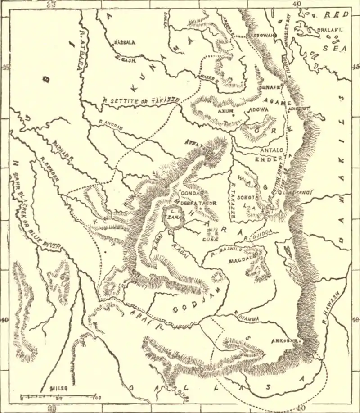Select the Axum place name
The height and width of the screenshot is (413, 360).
click(x=225, y=110)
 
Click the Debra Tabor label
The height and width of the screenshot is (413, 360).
click(x=198, y=203)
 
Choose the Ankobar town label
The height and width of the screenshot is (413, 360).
click(x=284, y=341)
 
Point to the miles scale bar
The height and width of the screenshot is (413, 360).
click(x=58, y=397)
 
